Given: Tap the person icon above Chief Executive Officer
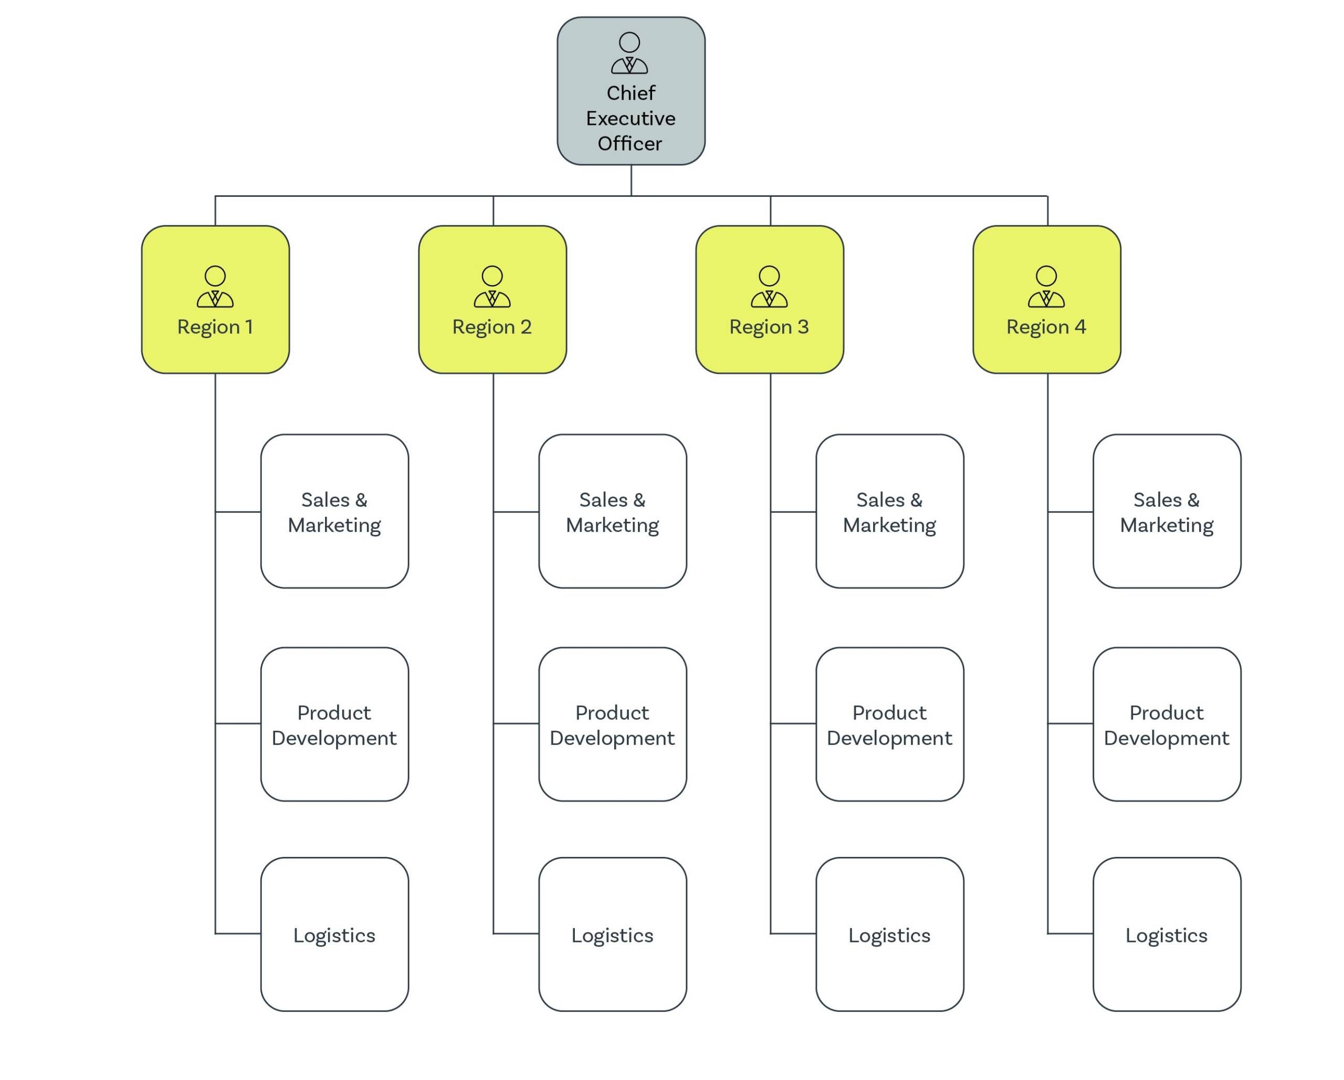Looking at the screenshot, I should click(629, 53).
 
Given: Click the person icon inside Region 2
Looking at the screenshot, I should click(492, 286).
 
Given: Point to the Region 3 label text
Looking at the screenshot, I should click(769, 327).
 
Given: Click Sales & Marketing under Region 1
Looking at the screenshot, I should click(334, 511).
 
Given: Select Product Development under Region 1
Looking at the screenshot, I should click(334, 724).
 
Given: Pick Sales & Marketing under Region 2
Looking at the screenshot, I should click(612, 511).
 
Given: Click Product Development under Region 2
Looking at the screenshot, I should click(612, 724).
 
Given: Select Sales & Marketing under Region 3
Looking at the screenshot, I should click(889, 511).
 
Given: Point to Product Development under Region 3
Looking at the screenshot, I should click(889, 724).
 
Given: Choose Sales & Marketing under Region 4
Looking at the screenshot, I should click(1167, 511).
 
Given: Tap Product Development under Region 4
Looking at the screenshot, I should click(1167, 724).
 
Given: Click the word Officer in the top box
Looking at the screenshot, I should click(629, 143).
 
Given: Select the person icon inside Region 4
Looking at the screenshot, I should click(1046, 286).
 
